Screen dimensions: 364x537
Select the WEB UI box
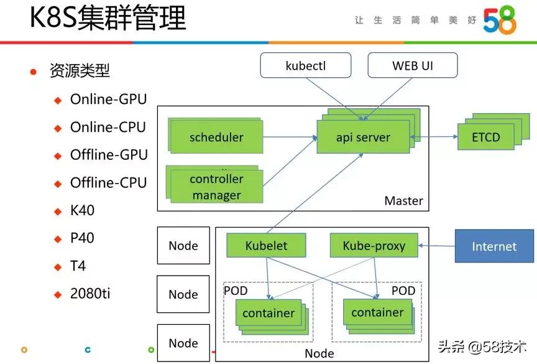tap(412, 66)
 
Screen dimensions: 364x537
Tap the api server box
tap(363, 138)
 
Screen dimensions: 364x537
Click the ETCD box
tap(486, 137)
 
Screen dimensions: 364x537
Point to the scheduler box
tap(216, 138)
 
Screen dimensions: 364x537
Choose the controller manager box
tap(216, 187)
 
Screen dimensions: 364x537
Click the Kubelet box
tap(266, 245)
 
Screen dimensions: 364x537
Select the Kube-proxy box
tap(374, 246)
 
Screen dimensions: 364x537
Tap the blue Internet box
tap(494, 246)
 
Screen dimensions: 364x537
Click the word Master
tap(403, 201)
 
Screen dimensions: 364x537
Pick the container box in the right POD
tap(377, 312)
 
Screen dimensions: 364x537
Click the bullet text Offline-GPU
tap(109, 154)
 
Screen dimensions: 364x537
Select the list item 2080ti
tap(90, 293)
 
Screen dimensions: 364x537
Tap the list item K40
tap(82, 210)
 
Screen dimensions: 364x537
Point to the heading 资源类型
tap(80, 70)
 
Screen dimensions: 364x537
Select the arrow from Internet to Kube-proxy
tap(437, 246)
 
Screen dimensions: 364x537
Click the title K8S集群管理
tap(108, 19)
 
